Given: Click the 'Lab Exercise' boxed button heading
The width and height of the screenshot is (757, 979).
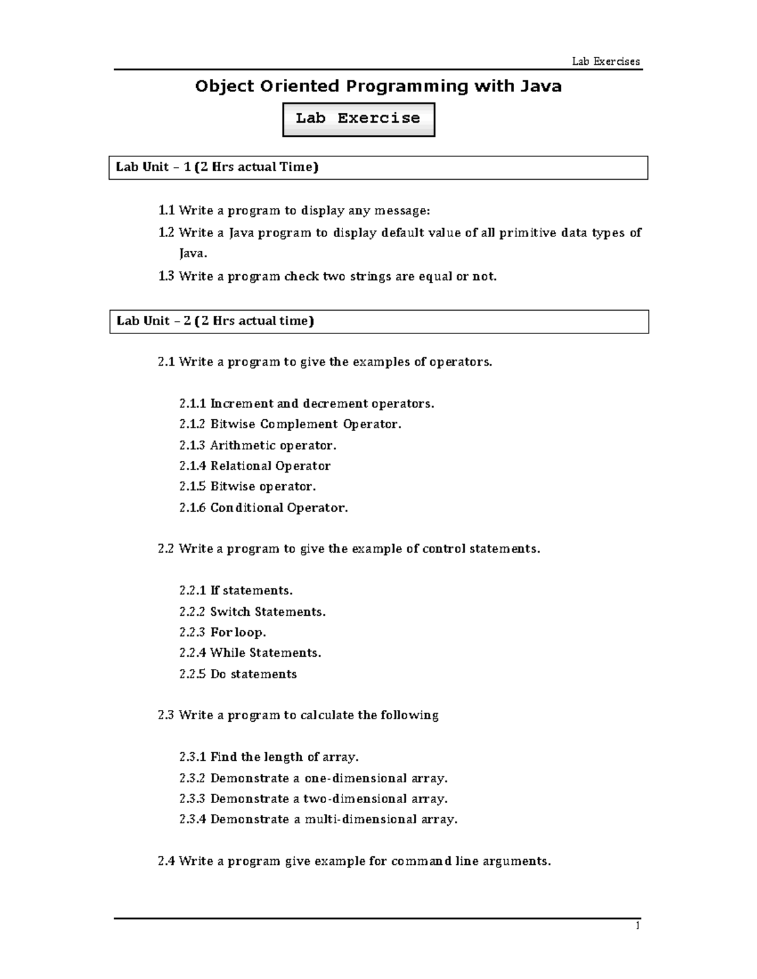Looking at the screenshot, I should point(358,119).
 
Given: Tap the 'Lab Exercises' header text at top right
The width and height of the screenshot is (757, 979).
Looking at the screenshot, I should point(606,61).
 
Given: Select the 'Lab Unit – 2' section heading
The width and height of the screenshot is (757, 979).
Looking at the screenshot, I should point(216,321).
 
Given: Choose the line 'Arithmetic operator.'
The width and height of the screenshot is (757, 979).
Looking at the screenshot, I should point(273,446).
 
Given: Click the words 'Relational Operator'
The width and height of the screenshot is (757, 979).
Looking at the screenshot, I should point(270,466).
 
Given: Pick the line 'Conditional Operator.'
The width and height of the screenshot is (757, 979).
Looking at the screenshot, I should point(279,507).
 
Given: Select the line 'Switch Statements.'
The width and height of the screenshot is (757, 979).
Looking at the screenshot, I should point(267,611).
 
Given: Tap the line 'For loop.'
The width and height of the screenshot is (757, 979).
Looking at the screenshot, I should point(238,632).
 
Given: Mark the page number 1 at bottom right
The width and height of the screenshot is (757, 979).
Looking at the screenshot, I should point(638,926).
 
